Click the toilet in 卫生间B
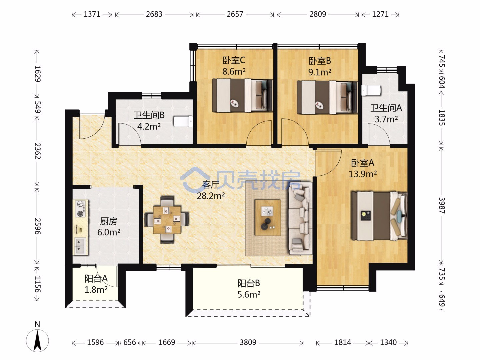click(183, 122)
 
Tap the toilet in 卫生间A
click(371, 90)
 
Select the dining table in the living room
click(167, 219)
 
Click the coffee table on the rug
click(268, 217)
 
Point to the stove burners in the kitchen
click(80, 209)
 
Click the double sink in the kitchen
click(80, 246)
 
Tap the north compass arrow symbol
click(37, 341)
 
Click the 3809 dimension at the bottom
click(248, 342)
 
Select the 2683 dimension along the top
click(154, 14)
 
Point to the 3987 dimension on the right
click(442, 205)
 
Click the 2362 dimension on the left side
click(38, 151)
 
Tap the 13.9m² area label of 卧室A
click(363, 174)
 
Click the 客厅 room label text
click(210, 185)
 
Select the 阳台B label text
click(249, 283)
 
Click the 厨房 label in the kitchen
click(109, 221)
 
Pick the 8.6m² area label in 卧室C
click(234, 71)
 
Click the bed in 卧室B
click(327, 97)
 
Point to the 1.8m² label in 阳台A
click(96, 290)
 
